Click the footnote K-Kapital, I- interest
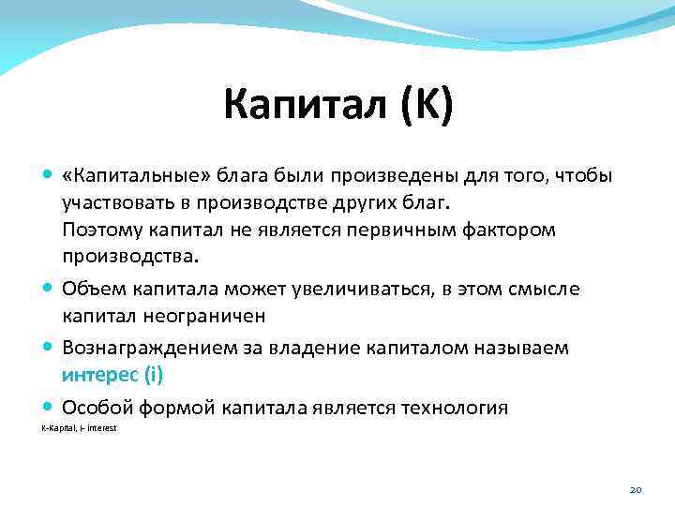tap(79, 428)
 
